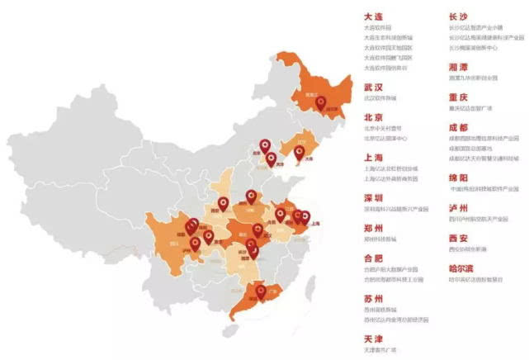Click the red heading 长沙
[459, 16]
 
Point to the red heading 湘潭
[459, 66]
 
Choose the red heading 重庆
[459, 97]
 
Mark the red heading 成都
[459, 127]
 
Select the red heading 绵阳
[459, 178]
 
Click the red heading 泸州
[459, 207]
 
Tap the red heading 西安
[459, 237]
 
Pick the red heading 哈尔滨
[464, 268]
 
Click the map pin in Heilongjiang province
[324, 103]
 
